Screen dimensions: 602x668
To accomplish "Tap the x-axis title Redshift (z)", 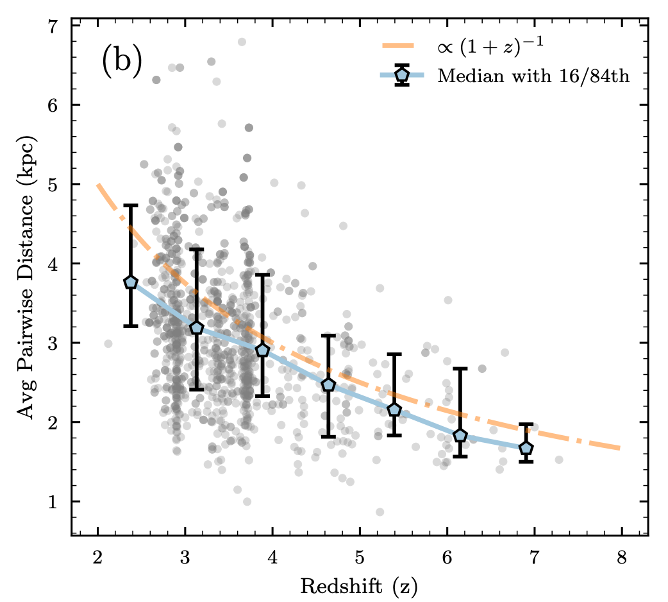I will [x=360, y=585].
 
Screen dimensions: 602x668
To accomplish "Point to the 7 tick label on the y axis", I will [x=54, y=26].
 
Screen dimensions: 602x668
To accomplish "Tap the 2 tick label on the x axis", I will [x=97, y=555].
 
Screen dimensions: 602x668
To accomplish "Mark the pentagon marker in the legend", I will [x=402, y=76].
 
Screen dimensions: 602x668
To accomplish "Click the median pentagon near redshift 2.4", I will [x=131, y=282].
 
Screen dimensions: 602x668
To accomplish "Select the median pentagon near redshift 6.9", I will [x=526, y=448].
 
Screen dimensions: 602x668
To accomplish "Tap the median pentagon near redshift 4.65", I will [x=328, y=384].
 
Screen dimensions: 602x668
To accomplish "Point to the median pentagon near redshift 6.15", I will [x=460, y=436].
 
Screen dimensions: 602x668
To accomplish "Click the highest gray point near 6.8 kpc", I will [x=242, y=42].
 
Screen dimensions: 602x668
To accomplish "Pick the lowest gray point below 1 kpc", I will [x=380, y=512].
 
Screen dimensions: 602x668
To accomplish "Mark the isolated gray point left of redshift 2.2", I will [x=108, y=343].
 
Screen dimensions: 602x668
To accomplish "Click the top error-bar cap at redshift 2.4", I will [x=131, y=205].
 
